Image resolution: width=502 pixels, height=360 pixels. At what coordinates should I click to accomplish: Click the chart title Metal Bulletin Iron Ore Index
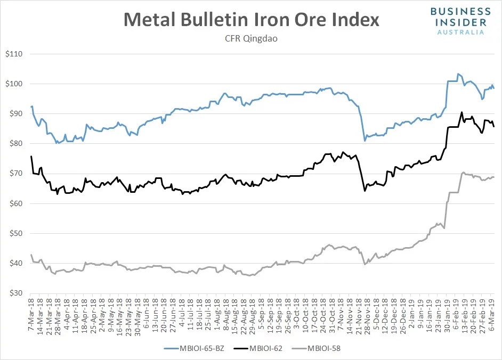pyautogui.click(x=251, y=19)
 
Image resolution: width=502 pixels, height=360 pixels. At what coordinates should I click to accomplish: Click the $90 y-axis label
pyautogui.click(x=15, y=114)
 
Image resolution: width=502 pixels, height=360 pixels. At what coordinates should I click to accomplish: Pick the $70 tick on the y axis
pyautogui.click(x=15, y=174)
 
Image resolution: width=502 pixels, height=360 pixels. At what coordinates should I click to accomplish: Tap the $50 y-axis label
pyautogui.click(x=15, y=233)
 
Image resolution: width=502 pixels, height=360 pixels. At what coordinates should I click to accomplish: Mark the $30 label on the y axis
pyautogui.click(x=15, y=293)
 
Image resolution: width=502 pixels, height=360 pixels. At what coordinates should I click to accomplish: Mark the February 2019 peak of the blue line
pyautogui.click(x=458, y=74)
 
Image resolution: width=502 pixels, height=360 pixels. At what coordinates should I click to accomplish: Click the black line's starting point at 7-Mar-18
pyautogui.click(x=31, y=156)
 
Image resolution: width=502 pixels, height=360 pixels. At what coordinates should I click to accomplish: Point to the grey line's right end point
pyautogui.click(x=494, y=177)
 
